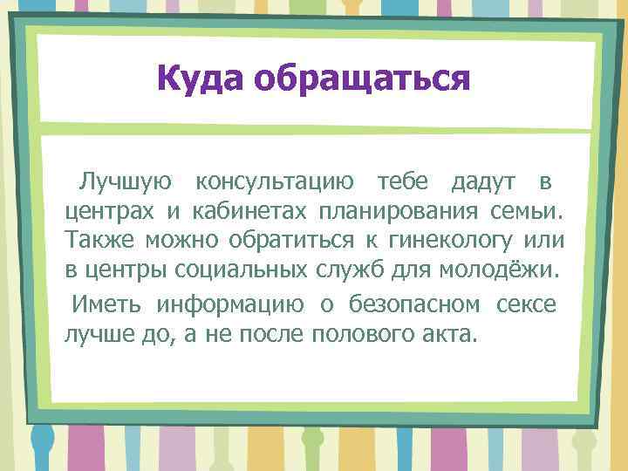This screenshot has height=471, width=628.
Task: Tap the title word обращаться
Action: pyautogui.click(x=362, y=80)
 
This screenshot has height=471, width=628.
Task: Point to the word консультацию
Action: pyautogui.click(x=275, y=181)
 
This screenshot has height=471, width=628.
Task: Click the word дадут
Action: pyautogui.click(x=482, y=181)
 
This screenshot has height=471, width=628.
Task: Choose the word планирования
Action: pyautogui.click(x=399, y=211)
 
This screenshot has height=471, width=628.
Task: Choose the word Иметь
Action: pyautogui.click(x=109, y=304)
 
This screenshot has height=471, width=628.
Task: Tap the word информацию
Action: pyautogui.click(x=230, y=304)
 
